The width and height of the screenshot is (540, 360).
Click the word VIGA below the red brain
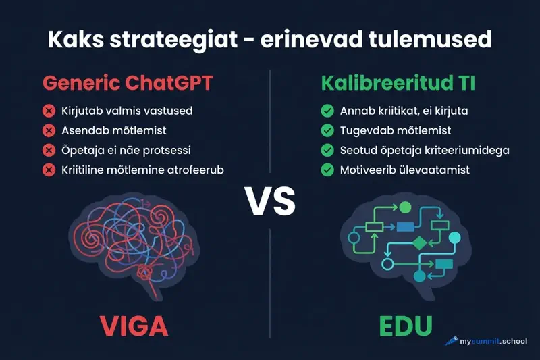point(134,325)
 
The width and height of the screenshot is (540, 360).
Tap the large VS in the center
point(270,201)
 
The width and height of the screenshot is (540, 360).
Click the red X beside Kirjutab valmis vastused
point(49,111)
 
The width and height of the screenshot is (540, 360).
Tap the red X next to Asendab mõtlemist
point(49,130)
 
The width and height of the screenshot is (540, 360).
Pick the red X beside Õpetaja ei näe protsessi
point(49,150)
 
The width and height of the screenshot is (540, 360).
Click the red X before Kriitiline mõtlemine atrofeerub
point(49,170)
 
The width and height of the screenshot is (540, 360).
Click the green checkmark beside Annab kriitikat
point(327,111)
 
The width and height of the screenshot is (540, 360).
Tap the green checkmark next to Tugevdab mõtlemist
point(327,130)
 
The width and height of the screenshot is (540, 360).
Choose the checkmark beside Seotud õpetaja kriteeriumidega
point(327,150)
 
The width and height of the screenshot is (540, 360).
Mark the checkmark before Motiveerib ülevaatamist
point(327,170)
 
